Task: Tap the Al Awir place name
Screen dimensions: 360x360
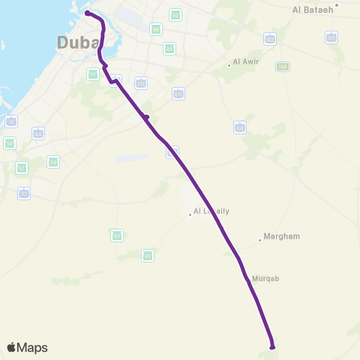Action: pyautogui.click(x=246, y=61)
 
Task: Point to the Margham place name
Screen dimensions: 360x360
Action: pyautogui.click(x=282, y=236)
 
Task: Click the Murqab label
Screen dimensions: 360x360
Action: pyautogui.click(x=265, y=277)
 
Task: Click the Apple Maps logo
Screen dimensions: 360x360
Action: pyautogui.click(x=27, y=347)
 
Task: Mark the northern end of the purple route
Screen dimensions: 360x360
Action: pyautogui.click(x=88, y=13)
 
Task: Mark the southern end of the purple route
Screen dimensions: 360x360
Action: pyautogui.click(x=272, y=346)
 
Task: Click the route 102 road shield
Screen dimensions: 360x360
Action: pyautogui.click(x=269, y=39)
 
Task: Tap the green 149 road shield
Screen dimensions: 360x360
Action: pyautogui.click(x=282, y=67)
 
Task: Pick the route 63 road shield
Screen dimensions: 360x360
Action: pyautogui.click(x=117, y=235)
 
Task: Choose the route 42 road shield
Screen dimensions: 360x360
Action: pyautogui.click(x=148, y=256)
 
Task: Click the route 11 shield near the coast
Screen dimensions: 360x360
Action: pyautogui.click(x=11, y=121)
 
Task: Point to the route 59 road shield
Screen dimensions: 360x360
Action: pyautogui.click(x=10, y=142)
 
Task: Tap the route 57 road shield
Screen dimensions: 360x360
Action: pyautogui.click(x=22, y=168)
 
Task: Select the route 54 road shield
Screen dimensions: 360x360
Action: pyautogui.click(x=53, y=161)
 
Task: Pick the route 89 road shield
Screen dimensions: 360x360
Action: pyautogui.click(x=155, y=29)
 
